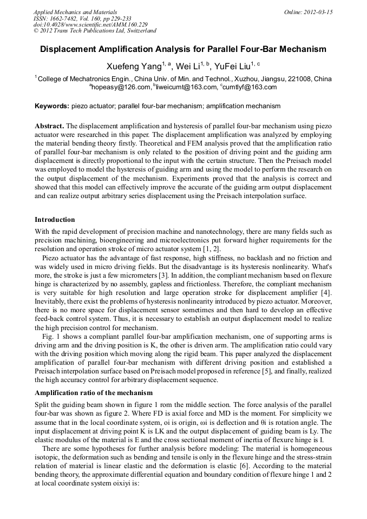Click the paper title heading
click(183, 49)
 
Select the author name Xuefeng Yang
click(133, 67)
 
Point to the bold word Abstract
click(49, 126)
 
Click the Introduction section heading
click(55, 220)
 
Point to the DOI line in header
click(90, 24)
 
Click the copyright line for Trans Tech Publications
click(95, 31)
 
